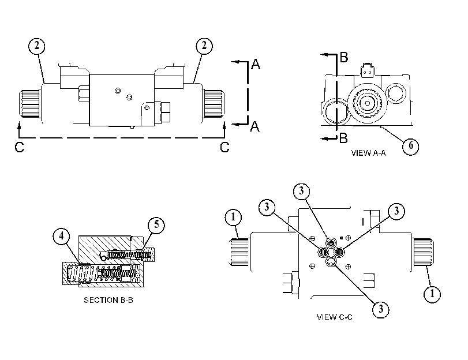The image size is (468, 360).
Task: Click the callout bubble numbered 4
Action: point(62,237)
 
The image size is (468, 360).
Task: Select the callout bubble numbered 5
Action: point(156,225)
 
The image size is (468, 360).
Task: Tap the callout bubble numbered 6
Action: point(411,146)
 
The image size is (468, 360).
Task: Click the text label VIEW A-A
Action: point(368,153)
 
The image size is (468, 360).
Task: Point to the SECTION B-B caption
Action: point(108,300)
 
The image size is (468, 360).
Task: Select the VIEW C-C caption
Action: point(334,317)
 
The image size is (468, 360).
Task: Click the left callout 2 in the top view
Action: point(37,46)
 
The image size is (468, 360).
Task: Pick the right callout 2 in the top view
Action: point(204,46)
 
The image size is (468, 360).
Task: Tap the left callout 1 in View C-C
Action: point(233,217)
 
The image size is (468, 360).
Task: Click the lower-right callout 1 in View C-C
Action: point(432,294)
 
